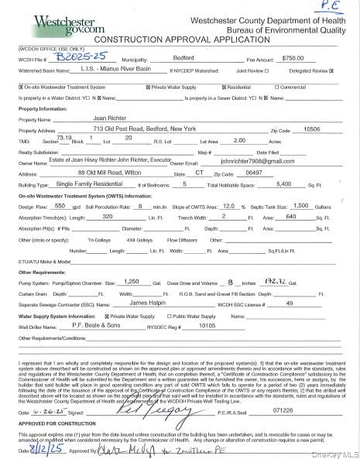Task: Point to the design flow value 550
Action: point(59,207)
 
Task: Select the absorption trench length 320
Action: point(108,218)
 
